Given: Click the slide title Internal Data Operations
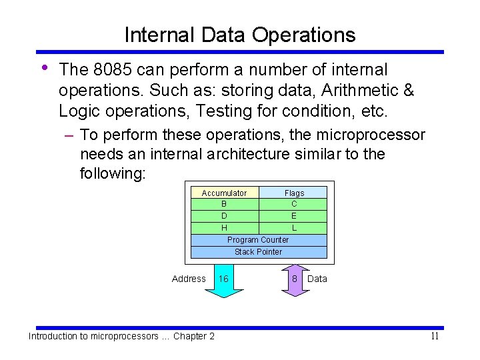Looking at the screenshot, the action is click(x=240, y=35).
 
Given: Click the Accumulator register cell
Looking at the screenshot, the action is click(x=225, y=193).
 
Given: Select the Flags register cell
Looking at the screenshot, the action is click(x=293, y=193).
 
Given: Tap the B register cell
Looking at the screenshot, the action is click(x=225, y=204).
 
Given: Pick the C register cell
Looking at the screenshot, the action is click(x=293, y=204).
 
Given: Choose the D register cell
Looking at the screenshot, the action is click(x=225, y=216).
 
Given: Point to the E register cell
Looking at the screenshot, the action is click(x=293, y=216).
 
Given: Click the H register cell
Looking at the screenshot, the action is click(x=225, y=228).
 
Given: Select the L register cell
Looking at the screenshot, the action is click(x=293, y=228).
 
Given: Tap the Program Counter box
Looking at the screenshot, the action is click(x=259, y=240).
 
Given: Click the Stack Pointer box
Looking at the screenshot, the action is click(x=259, y=252).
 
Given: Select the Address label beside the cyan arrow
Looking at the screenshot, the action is click(x=189, y=279).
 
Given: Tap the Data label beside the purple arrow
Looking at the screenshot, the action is click(x=317, y=279).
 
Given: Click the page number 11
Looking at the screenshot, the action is click(x=435, y=336).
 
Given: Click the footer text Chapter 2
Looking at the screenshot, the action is click(x=194, y=336).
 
